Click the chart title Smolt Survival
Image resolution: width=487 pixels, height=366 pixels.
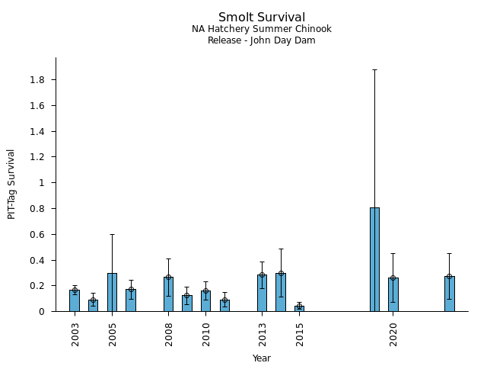pyautogui.click(x=261, y=18)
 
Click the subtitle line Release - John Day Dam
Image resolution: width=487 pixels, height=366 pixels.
pyautogui.click(x=261, y=40)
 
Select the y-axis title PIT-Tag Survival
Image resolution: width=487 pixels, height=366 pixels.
pyautogui.click(x=11, y=184)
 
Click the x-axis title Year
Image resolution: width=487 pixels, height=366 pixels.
pyautogui.click(x=261, y=358)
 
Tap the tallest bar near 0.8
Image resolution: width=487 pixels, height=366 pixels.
pyautogui.click(x=374, y=259)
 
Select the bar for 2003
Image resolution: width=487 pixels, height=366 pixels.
pyautogui.click(x=75, y=300)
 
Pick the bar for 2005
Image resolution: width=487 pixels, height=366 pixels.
pyautogui.click(x=112, y=292)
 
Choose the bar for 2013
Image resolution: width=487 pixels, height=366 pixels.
pyautogui.click(x=262, y=293)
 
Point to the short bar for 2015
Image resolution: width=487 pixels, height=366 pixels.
pyautogui.click(x=299, y=308)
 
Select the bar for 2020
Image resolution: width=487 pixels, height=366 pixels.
pyautogui.click(x=393, y=294)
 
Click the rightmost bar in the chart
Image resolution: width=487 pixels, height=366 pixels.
pyautogui.click(x=449, y=294)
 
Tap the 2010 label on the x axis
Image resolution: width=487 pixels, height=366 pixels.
pyautogui.click(x=206, y=334)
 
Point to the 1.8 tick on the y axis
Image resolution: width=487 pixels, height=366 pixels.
pyautogui.click(x=37, y=80)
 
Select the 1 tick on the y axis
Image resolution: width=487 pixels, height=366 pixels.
pyautogui.click(x=43, y=183)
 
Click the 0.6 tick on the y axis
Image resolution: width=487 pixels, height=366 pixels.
pyautogui.click(x=37, y=234)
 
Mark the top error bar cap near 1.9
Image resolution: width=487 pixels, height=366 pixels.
pyautogui.click(x=374, y=69)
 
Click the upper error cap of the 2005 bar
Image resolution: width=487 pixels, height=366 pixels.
pyautogui.click(x=112, y=234)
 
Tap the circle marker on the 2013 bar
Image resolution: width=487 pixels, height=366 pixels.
pyautogui.click(x=262, y=275)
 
